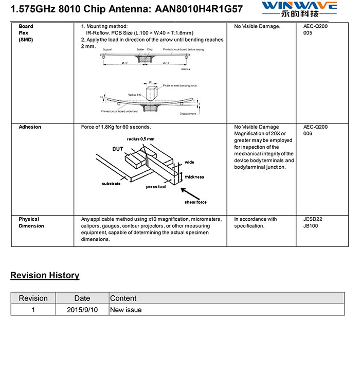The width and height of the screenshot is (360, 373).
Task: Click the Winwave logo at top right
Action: coord(299,9)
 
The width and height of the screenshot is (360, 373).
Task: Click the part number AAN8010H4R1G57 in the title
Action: coord(199,9)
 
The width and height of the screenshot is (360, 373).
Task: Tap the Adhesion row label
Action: coord(30,127)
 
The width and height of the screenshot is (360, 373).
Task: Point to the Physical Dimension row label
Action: coord(31,223)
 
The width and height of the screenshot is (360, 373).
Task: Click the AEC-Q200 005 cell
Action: coord(315,30)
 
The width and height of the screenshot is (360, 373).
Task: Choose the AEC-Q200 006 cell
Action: coord(315,130)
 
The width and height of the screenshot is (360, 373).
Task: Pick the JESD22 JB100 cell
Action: coord(313,223)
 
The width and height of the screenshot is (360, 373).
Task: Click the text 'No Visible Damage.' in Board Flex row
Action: coord(257,26)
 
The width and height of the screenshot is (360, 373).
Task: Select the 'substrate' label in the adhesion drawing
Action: coord(111,184)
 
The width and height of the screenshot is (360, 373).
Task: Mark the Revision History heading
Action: coord(45,275)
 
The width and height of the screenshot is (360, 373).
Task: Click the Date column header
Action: coord(82,298)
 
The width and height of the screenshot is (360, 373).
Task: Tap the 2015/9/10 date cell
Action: coord(82,310)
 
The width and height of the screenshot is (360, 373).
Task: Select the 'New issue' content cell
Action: coord(126,310)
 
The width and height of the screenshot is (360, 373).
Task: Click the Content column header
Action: coord(123,298)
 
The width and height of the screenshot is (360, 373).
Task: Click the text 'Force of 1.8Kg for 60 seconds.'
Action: coord(116,127)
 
